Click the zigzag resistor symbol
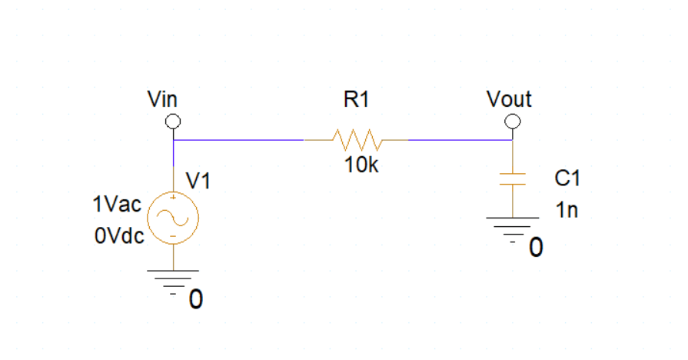click(356, 140)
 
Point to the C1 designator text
click(567, 178)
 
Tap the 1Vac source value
click(116, 205)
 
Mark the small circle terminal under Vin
click(174, 122)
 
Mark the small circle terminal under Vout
click(512, 122)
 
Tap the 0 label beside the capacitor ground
click(536, 248)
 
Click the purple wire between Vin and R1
click(238, 140)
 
